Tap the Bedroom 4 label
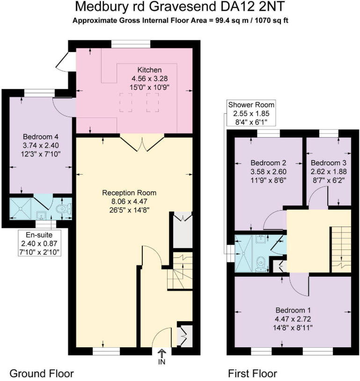40,136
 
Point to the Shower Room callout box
251,113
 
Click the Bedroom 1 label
293,310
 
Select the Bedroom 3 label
329,163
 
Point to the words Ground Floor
42,374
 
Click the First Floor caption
252,374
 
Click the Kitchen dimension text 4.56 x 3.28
147,78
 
